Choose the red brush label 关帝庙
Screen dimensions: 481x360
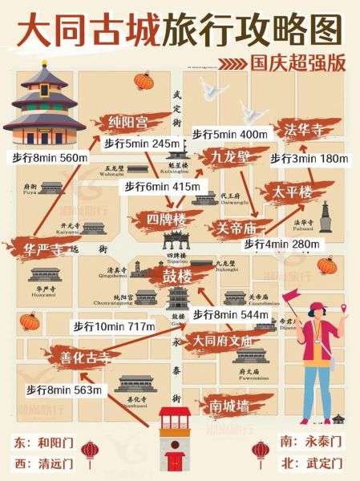(x=237, y=227)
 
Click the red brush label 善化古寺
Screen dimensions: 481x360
(x=77, y=355)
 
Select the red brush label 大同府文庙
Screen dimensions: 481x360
(x=222, y=341)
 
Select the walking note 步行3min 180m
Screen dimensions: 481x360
(x=309, y=158)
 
